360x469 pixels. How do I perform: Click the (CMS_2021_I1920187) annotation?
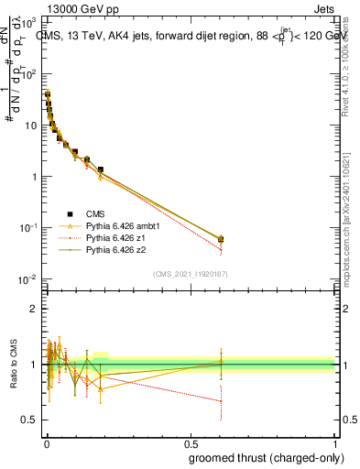[189, 274]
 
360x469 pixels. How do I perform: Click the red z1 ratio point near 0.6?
[221, 400]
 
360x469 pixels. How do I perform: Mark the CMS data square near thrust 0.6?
[221, 239]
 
